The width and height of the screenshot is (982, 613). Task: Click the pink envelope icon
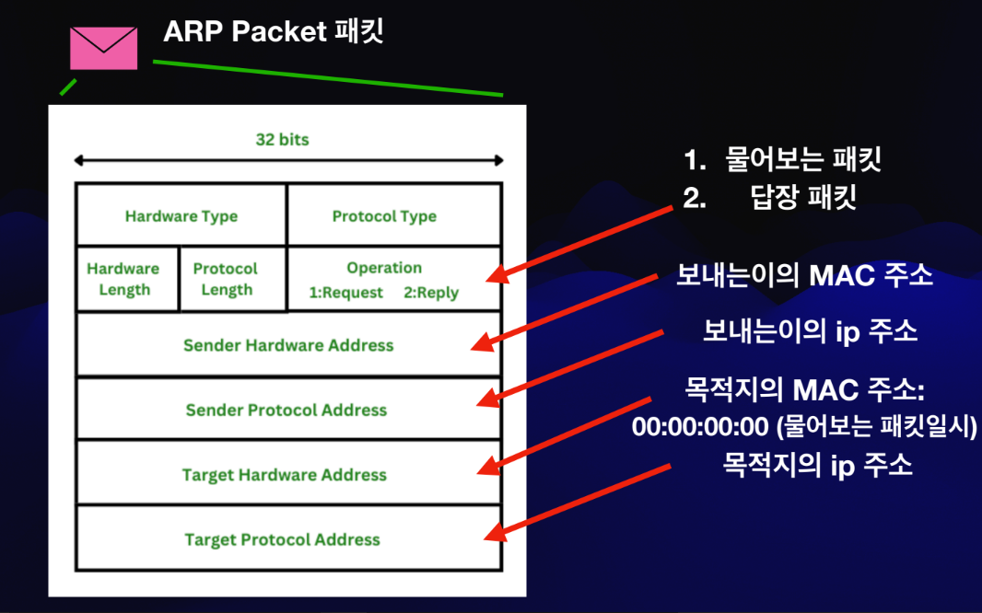(x=103, y=48)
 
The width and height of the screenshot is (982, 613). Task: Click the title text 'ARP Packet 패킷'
(x=273, y=32)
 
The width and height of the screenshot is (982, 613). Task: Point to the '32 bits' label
(x=282, y=140)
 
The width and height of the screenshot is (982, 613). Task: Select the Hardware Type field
(x=181, y=216)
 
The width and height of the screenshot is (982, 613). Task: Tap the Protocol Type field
(x=384, y=216)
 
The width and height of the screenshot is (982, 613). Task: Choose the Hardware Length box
(x=123, y=279)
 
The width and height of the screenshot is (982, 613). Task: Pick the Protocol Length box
(x=226, y=279)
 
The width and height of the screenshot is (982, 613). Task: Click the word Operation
(x=384, y=268)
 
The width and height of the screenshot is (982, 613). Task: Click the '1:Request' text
(x=346, y=293)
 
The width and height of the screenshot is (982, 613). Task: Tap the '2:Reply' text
(x=431, y=293)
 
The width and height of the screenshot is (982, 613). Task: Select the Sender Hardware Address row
(x=288, y=345)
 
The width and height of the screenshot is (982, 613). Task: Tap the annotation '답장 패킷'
(x=803, y=197)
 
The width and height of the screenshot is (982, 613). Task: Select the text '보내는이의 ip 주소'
(x=810, y=331)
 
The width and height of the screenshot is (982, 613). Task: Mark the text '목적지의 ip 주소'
(x=817, y=465)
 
